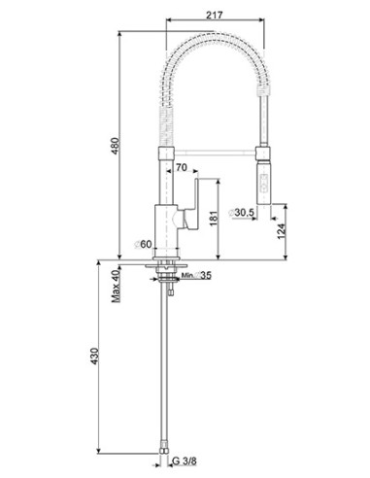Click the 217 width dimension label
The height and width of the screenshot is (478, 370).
(215, 15)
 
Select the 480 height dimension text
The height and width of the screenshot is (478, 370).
(116, 147)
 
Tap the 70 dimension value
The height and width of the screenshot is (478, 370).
(182, 167)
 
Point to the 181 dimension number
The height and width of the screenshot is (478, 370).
(214, 219)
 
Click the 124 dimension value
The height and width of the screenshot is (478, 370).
(282, 231)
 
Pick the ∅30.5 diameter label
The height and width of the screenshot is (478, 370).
(242, 213)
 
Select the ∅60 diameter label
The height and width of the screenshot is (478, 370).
(143, 244)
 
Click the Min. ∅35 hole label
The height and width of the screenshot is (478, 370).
(196, 275)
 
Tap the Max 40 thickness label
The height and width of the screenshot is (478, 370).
(116, 286)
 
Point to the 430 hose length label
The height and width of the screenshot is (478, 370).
(94, 357)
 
